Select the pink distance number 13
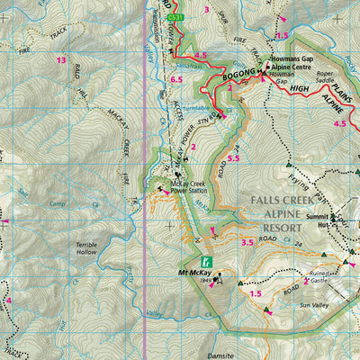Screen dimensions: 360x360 click(61, 60)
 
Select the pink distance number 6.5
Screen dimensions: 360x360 click(176, 80)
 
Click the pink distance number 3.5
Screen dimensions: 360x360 click(247, 241)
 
